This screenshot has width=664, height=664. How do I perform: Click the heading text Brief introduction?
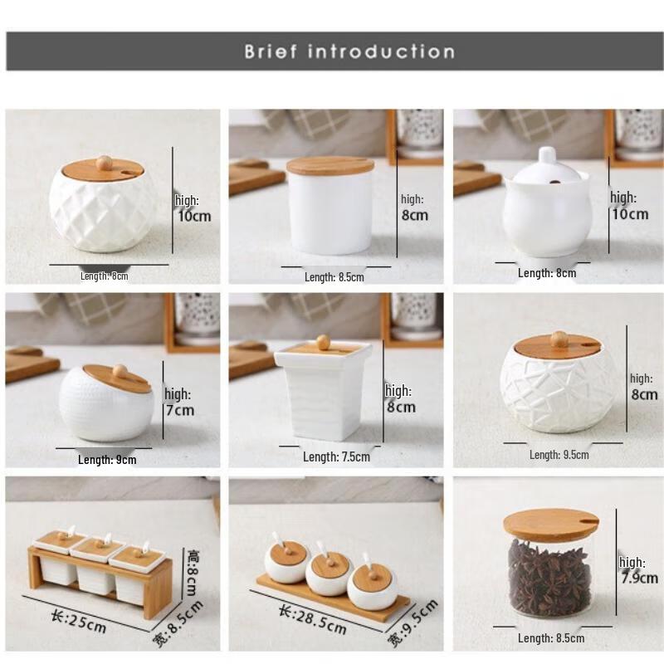(x=349, y=51)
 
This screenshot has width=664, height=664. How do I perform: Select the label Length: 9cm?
(x=107, y=459)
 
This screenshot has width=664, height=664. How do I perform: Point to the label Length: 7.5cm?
(x=336, y=456)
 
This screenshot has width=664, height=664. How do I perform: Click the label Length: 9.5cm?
(x=559, y=454)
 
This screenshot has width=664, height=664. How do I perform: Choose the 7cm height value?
(x=180, y=410)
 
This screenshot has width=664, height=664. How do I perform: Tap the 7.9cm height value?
(x=638, y=578)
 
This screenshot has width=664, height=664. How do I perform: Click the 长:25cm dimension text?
(x=78, y=620)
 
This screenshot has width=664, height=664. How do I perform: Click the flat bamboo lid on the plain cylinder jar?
(x=330, y=165)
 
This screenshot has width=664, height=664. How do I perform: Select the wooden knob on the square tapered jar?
(x=322, y=340)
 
